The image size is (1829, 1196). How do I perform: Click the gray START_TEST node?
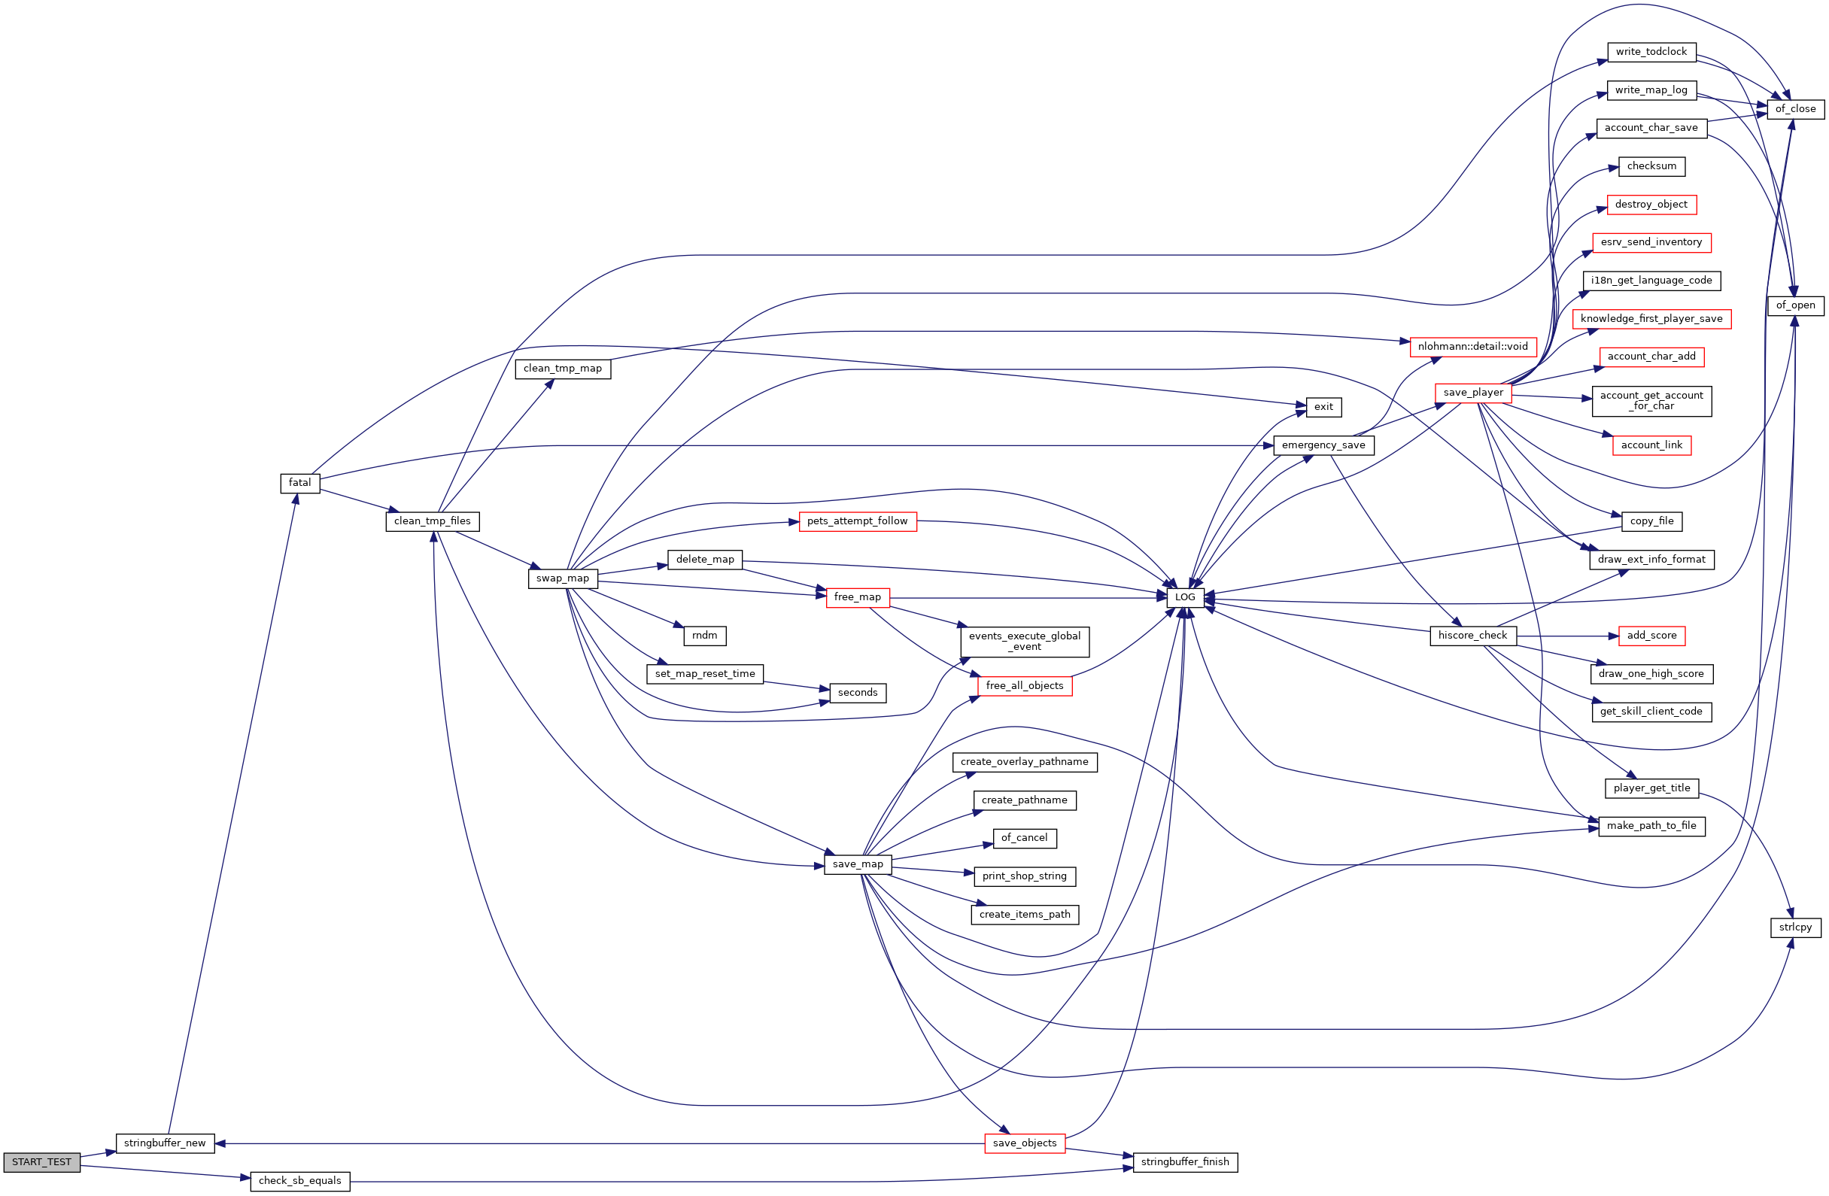(x=41, y=1162)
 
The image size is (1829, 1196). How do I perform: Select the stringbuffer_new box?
(x=165, y=1143)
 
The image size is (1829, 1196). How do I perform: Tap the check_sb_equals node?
(x=299, y=1181)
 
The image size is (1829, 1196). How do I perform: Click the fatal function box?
(x=299, y=483)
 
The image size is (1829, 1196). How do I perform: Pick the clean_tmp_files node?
(x=432, y=521)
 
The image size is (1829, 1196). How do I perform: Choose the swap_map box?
(x=563, y=578)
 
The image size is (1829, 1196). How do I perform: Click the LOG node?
(x=1185, y=597)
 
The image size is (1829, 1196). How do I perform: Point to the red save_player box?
(x=1472, y=393)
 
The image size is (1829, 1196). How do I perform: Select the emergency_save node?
(x=1323, y=445)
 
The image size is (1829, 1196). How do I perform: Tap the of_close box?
(x=1795, y=109)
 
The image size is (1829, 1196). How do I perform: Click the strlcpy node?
(x=1795, y=927)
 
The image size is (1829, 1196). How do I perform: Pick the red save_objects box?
(x=1025, y=1143)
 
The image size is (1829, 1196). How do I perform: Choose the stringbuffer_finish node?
(x=1185, y=1161)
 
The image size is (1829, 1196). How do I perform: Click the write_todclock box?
(x=1651, y=52)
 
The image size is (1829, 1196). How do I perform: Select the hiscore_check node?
(x=1472, y=636)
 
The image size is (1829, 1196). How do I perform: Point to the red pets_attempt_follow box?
(x=857, y=521)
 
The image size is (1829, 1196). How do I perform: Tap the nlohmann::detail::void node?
(x=1472, y=347)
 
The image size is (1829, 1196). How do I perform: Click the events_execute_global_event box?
(x=1025, y=642)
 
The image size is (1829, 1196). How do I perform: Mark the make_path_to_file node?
(x=1651, y=826)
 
